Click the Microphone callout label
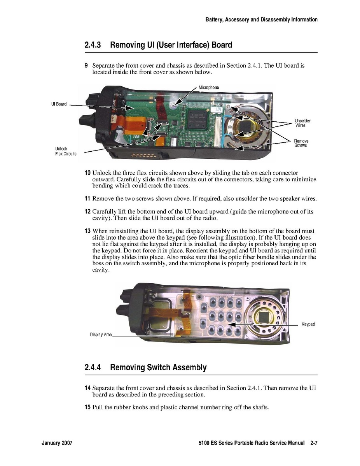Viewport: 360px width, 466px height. [208, 88]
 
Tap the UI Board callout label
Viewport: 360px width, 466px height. [59, 104]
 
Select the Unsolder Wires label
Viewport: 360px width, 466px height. [303, 123]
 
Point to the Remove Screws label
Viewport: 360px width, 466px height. [301, 143]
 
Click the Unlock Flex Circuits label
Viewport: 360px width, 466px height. [66, 151]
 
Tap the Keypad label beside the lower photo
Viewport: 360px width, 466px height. [308, 324]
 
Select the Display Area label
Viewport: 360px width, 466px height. [101, 335]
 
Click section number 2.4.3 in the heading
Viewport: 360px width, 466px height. [93, 45]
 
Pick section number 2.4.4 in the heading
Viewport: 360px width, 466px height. [93, 368]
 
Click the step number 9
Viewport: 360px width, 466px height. [86, 65]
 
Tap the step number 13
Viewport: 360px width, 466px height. [87, 231]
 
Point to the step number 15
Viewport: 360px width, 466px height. [87, 407]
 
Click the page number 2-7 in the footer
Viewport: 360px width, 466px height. [314, 443]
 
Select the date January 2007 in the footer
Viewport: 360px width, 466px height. [57, 443]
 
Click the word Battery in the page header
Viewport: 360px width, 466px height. [214, 19]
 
